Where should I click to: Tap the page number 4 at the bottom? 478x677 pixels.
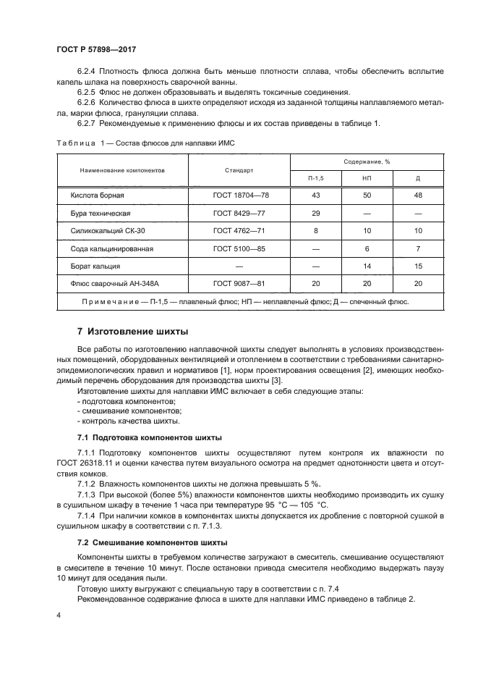pos(58,615)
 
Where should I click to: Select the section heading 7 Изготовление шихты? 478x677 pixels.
pos(132,332)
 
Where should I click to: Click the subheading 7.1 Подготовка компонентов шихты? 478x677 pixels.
pos(150,438)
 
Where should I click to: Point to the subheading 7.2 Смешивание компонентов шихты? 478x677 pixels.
pos(152,542)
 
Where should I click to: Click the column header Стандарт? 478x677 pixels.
pos(239,171)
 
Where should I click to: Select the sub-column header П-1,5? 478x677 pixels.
pos(315,178)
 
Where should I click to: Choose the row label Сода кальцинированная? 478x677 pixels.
pos(112,249)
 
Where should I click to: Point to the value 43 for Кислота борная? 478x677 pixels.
pos(315,196)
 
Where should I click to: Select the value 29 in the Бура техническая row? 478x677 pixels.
pos(315,214)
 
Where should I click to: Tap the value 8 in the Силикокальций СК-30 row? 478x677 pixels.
pos(315,231)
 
